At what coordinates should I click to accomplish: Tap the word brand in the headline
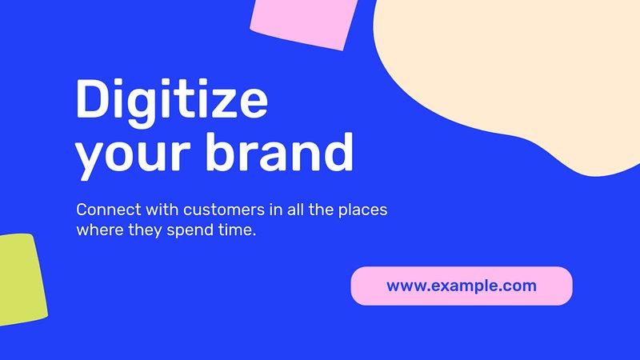pos(279,152)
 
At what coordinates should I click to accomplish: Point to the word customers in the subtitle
pos(224,210)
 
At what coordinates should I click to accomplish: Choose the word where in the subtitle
pos(99,230)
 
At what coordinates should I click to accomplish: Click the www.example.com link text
pos(462,286)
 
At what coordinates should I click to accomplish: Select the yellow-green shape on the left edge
pos(22,279)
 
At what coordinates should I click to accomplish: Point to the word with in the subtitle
pos(162,210)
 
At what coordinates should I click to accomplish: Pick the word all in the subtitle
pos(296,210)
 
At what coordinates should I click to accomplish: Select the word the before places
pos(322,210)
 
